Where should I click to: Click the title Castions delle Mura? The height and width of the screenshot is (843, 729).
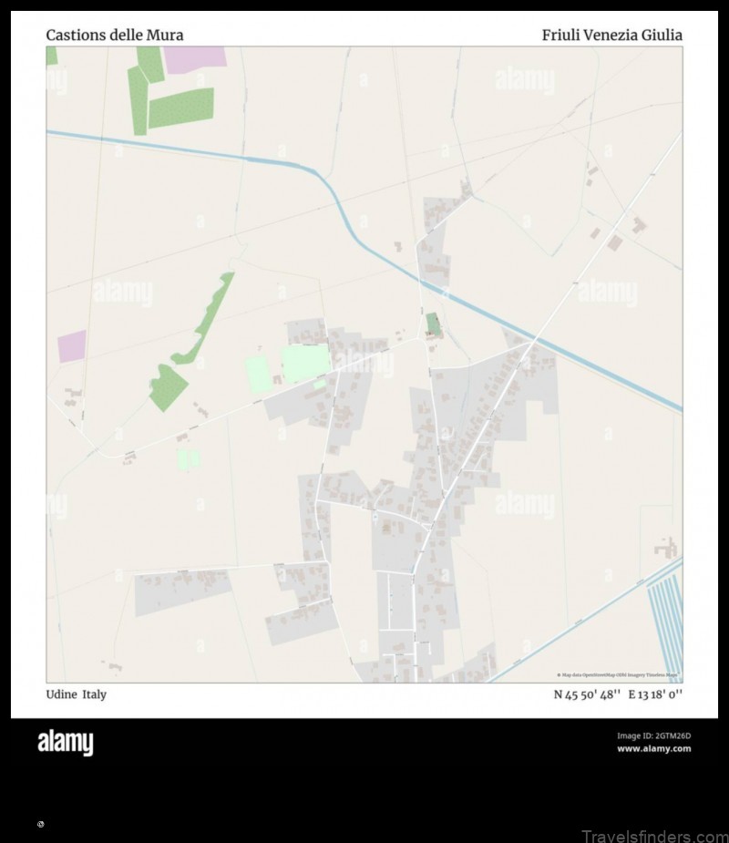click(x=115, y=36)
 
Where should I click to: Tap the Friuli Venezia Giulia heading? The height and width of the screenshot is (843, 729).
click(x=611, y=36)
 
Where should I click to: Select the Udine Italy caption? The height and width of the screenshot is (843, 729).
click(x=77, y=694)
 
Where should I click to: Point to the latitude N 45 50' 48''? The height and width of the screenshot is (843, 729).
click(x=588, y=694)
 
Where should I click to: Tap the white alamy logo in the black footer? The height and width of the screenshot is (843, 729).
click(x=65, y=743)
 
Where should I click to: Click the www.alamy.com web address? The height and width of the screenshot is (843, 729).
click(x=653, y=749)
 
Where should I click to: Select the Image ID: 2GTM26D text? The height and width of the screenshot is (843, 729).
click(x=653, y=735)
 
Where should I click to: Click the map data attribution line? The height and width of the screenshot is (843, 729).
click(x=617, y=675)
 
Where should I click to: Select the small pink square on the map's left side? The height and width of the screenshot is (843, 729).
click(x=72, y=346)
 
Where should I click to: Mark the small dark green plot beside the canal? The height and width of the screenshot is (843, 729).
click(x=433, y=324)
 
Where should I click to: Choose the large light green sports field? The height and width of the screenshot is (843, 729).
click(x=305, y=364)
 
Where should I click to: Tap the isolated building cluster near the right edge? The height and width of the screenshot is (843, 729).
click(x=667, y=548)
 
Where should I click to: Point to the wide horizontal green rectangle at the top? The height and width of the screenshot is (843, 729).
click(x=180, y=108)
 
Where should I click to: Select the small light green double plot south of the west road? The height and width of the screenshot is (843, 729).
click(x=189, y=459)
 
